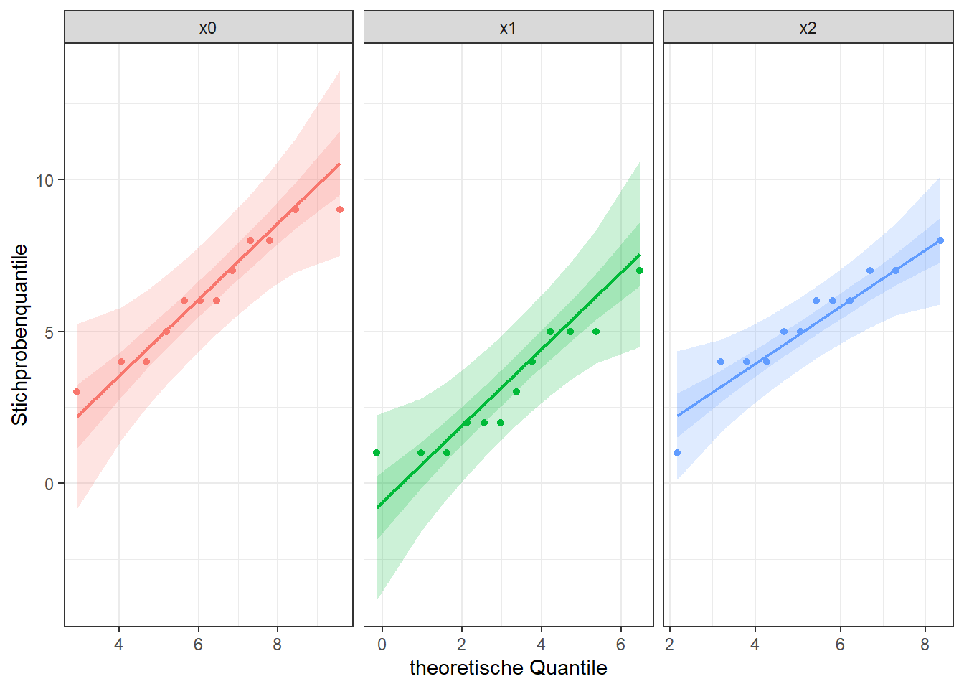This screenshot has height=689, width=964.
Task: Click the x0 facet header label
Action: (208, 28)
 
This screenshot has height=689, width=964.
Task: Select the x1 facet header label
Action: (508, 28)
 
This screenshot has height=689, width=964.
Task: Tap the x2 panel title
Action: (808, 28)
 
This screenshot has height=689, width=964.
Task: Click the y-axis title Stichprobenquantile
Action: (20, 334)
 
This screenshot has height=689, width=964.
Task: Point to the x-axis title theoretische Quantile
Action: (508, 667)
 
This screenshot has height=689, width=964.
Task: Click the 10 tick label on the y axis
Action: (45, 180)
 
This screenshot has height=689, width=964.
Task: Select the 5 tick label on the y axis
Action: (49, 332)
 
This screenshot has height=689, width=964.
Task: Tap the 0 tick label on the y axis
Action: (49, 484)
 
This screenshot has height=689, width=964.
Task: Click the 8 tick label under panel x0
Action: (277, 645)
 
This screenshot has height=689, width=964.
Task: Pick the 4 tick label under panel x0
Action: (118, 645)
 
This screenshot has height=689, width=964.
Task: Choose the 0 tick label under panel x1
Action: (382, 645)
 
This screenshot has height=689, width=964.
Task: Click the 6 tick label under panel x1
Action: (620, 645)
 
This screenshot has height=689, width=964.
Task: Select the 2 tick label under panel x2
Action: (670, 645)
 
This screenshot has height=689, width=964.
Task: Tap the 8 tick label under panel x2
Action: (925, 645)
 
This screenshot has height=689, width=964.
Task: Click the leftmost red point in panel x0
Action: (77, 392)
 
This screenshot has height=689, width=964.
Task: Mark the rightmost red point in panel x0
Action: (340, 210)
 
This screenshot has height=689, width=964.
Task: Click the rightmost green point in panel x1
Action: (640, 271)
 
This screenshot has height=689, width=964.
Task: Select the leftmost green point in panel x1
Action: (377, 453)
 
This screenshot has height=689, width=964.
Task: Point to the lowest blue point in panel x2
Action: (677, 453)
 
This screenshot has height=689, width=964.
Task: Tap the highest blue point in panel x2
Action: (940, 240)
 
